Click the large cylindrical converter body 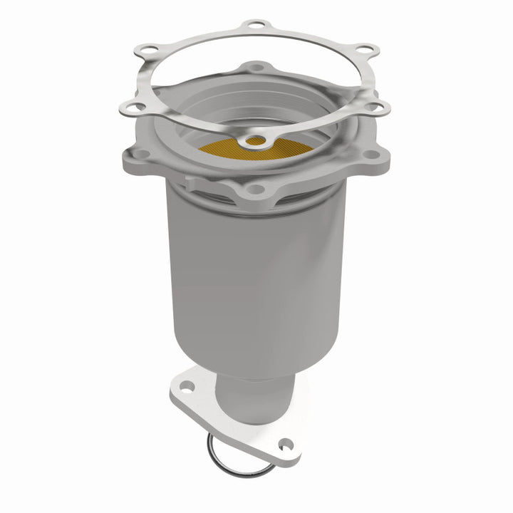click(x=235, y=278)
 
